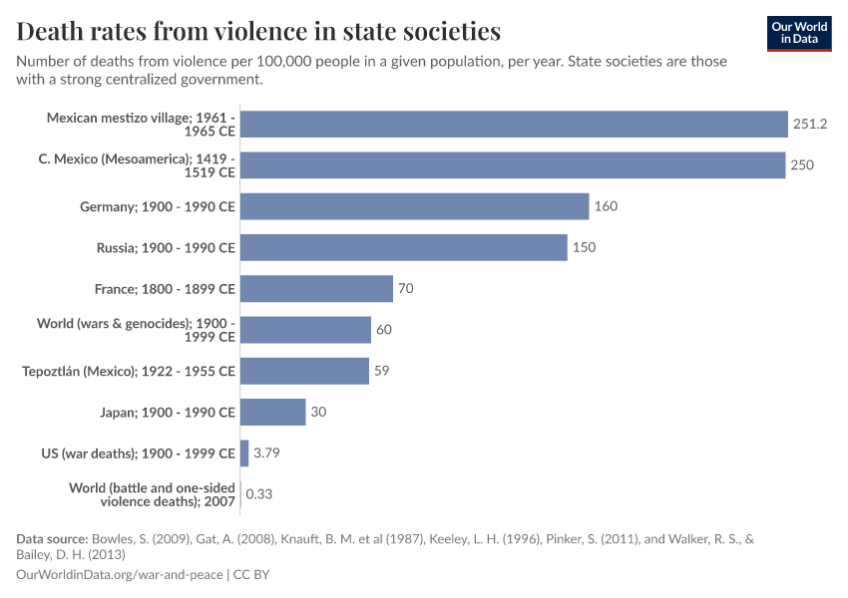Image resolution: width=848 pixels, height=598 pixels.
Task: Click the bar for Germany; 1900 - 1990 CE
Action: [x=414, y=206]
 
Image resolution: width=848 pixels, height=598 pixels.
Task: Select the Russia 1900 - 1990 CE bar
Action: [x=404, y=247]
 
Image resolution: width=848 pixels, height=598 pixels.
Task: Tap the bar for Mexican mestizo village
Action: [x=514, y=125]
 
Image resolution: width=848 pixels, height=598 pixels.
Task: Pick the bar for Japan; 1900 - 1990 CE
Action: [x=272, y=412]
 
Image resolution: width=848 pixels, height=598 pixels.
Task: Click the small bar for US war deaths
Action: [x=244, y=453]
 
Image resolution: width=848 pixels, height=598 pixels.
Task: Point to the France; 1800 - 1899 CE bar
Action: [x=316, y=289]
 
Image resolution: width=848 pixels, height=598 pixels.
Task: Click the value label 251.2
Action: [x=810, y=125]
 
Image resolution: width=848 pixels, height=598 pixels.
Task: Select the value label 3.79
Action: [x=266, y=453]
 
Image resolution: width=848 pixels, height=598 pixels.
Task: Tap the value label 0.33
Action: [x=259, y=494]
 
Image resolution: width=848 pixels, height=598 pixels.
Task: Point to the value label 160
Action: [x=606, y=206]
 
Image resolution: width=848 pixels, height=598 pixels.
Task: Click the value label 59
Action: [x=381, y=371]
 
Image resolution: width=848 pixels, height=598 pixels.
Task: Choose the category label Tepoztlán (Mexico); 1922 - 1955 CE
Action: [x=129, y=371]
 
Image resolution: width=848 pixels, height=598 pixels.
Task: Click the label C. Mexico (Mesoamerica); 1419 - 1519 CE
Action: [x=145, y=165]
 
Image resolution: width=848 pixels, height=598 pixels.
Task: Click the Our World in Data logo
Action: [x=799, y=33]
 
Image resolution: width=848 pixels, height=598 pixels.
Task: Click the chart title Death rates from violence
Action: [x=258, y=31]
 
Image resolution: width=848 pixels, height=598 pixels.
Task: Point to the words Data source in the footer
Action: [x=52, y=538]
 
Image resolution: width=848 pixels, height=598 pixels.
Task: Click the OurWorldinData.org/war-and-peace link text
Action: [x=120, y=575]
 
